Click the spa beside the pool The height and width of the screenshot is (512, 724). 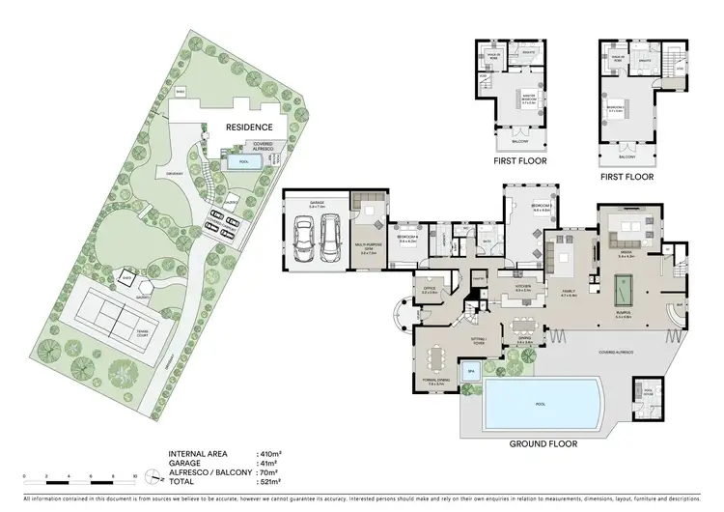[x=472, y=370]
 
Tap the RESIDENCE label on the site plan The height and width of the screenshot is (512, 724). [x=249, y=127]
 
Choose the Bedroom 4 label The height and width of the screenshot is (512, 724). [x=406, y=237]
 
